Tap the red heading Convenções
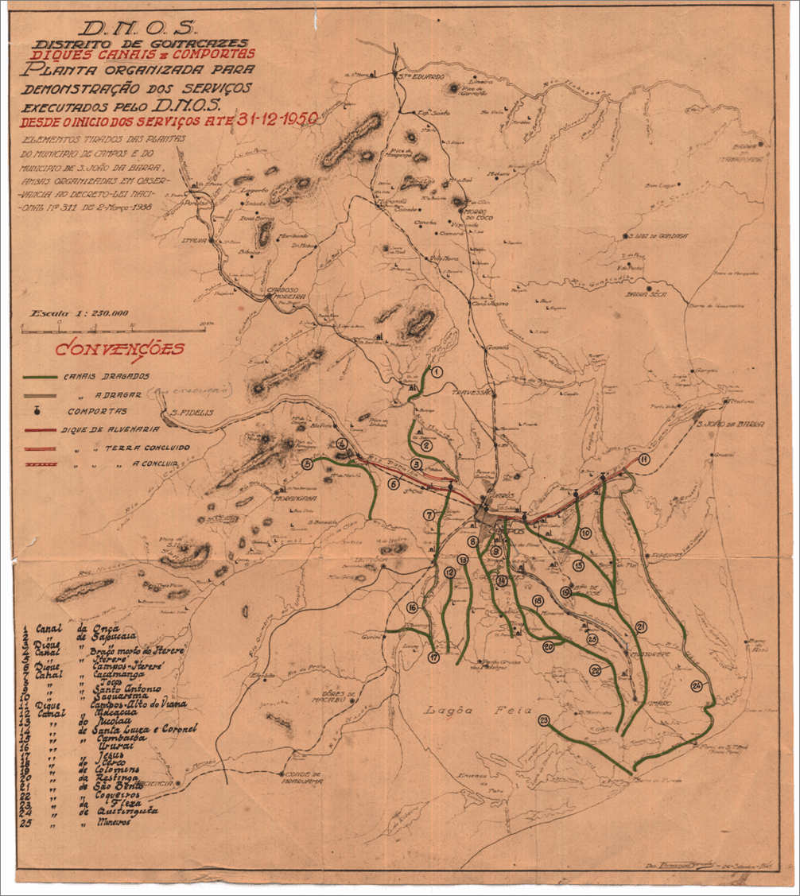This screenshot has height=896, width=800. [119, 349]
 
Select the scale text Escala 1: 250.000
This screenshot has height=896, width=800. [79, 313]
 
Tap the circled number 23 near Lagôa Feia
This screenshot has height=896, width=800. [544, 721]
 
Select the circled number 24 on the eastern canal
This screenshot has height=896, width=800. [697, 686]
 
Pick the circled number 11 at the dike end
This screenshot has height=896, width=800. [643, 460]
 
